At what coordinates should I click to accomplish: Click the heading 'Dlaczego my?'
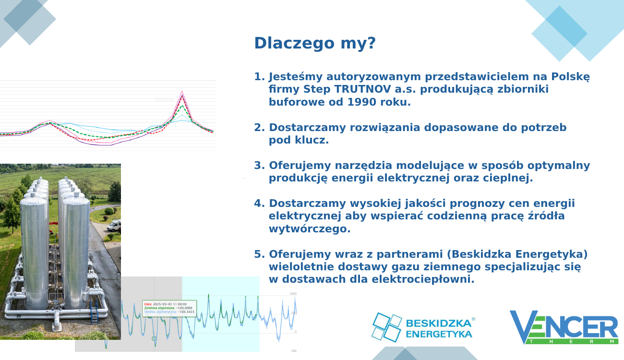pyautogui.click(x=314, y=43)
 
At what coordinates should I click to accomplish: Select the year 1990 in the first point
pyautogui.click(x=361, y=102)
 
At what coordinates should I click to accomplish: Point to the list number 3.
pyautogui.click(x=259, y=166)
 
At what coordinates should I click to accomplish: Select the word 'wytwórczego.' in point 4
pyautogui.click(x=310, y=228)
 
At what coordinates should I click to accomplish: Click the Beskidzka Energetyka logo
pyautogui.click(x=422, y=327)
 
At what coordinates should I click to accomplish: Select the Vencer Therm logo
pyautogui.click(x=564, y=327)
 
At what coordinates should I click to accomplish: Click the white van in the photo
pyautogui.click(x=114, y=226)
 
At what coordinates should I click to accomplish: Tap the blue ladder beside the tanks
pyautogui.click(x=95, y=312)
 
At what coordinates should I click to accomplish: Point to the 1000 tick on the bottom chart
pyautogui.click(x=293, y=293)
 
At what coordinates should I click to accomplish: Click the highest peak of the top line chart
pyautogui.click(x=182, y=92)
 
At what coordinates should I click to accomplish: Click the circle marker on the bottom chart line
pyautogui.click(x=154, y=338)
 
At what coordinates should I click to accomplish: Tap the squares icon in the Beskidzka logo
pyautogui.click(x=387, y=327)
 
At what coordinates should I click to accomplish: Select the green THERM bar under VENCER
pyautogui.click(x=571, y=341)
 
